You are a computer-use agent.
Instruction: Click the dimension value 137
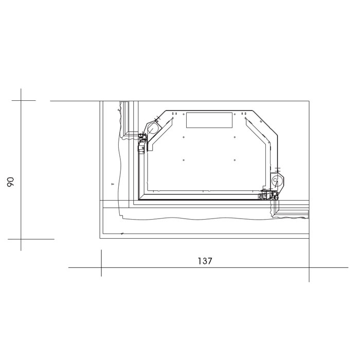point(205,261)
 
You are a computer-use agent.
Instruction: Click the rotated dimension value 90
point(11,182)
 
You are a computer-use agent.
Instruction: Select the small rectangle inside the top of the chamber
point(209,120)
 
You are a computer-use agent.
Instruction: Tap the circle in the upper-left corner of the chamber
point(152,129)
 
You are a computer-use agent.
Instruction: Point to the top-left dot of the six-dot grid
point(184,114)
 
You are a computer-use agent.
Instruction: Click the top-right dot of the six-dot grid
point(235,114)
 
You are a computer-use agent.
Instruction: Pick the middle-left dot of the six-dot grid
point(184,137)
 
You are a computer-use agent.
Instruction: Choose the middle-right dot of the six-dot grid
point(235,137)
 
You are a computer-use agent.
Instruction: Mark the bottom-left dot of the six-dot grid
point(184,160)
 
